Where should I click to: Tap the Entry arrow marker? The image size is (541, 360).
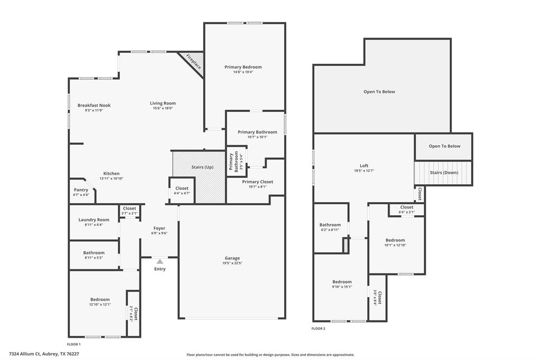pyautogui.click(x=160, y=261)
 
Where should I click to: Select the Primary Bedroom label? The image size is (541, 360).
pyautogui.click(x=243, y=67)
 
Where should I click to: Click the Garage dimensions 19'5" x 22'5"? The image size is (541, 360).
pyautogui.click(x=232, y=263)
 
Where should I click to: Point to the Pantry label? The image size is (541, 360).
pyautogui.click(x=81, y=190)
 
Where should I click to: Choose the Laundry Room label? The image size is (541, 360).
pyautogui.click(x=94, y=220)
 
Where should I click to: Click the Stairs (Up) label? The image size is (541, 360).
pyautogui.click(x=202, y=167)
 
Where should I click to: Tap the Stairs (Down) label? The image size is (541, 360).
pyautogui.click(x=444, y=173)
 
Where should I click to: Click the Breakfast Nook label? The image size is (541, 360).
pyautogui.click(x=94, y=105)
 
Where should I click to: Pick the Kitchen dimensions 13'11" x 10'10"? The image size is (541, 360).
pyautogui.click(x=111, y=178)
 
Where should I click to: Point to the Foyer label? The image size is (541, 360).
pyautogui.click(x=159, y=229)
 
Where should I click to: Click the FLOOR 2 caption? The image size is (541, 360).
pyautogui.click(x=319, y=328)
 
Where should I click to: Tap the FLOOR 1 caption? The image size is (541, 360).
pyautogui.click(x=74, y=344)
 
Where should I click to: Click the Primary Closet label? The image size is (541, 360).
pyautogui.click(x=258, y=182)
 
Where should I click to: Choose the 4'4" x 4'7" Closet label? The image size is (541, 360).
pyautogui.click(x=182, y=188)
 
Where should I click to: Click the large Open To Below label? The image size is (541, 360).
pyautogui.click(x=379, y=92)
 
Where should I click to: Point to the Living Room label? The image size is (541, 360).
pyautogui.click(x=163, y=103)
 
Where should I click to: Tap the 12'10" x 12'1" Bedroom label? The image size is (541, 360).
pyautogui.click(x=100, y=299)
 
